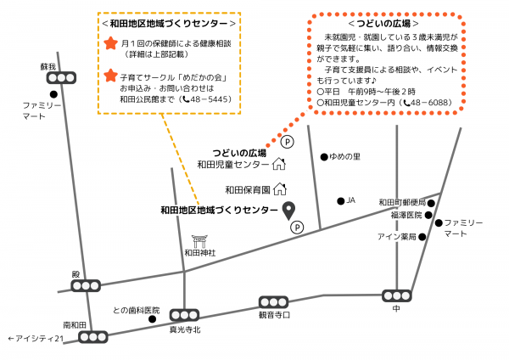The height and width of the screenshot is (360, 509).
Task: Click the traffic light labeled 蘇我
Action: pos(64,77)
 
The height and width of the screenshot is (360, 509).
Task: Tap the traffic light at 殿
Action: pos(86,286)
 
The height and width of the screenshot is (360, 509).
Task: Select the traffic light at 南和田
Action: pos(92,337)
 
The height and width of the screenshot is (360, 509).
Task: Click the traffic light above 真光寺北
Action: pos(184,316)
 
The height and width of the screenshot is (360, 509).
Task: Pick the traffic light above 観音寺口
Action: pos(273,302)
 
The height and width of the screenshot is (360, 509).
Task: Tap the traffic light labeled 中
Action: pos(396,295)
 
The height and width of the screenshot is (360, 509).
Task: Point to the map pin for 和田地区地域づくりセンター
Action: pos(288,210)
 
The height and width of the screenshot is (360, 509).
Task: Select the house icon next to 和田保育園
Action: pos(279,188)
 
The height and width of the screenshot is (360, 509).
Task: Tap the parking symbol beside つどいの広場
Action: pos(286,142)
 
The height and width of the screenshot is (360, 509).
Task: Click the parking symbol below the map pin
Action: pos(297,227)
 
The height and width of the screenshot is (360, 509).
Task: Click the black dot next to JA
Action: pos(340,201)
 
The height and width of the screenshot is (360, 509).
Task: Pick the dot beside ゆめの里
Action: pos(324,157)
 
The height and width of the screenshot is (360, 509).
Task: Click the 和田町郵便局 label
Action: pos(401,203)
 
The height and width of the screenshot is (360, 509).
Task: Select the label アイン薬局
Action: pos(396,237)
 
